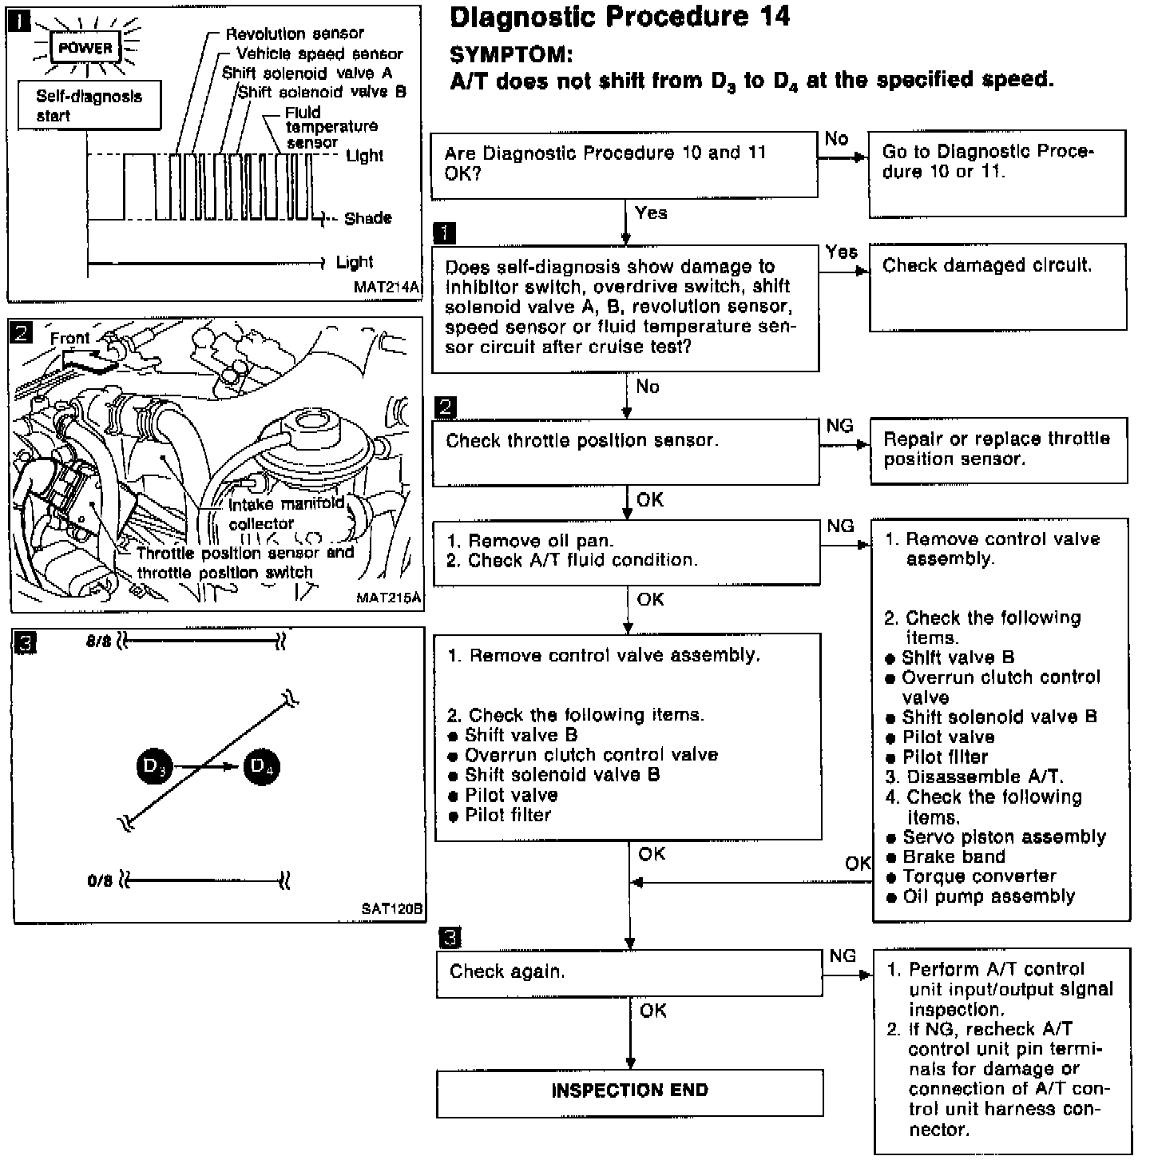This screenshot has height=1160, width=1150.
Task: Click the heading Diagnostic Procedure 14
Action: click(x=620, y=17)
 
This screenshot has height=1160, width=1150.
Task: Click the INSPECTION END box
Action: click(x=629, y=1092)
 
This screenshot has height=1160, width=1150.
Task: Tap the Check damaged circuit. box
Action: click(x=997, y=286)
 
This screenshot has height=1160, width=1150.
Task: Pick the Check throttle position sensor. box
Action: click(x=625, y=452)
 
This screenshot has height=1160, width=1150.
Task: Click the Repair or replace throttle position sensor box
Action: click(x=998, y=450)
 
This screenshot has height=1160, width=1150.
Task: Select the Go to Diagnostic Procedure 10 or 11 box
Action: click(x=997, y=173)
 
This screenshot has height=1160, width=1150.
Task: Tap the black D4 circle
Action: click(x=262, y=767)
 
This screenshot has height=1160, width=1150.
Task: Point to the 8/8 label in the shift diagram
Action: click(x=99, y=642)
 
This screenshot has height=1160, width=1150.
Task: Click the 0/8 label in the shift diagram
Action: click(x=100, y=882)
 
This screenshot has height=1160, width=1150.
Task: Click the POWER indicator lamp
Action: click(x=85, y=48)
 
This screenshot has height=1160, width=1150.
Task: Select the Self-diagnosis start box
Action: click(x=89, y=106)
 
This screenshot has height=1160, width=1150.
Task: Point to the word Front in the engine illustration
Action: click(x=70, y=339)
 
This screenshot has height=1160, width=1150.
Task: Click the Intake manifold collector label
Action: click(x=286, y=514)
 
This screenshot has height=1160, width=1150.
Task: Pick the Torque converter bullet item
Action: click(x=979, y=877)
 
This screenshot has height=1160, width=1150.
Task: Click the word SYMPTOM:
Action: click(x=511, y=55)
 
